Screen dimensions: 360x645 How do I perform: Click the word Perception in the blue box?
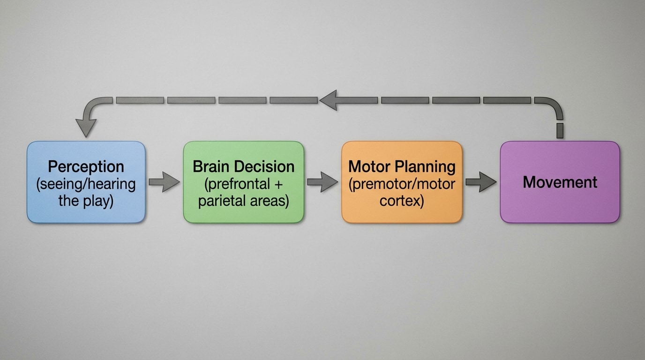[x=86, y=166]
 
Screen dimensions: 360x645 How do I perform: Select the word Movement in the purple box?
[x=560, y=182]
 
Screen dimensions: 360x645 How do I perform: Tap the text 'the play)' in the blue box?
[x=86, y=201]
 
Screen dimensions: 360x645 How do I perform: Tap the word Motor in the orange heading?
[x=369, y=166]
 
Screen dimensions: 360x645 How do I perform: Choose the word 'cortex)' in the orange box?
[x=402, y=201]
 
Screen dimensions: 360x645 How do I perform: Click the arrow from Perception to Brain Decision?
[x=164, y=182]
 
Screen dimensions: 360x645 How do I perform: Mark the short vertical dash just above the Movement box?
[x=560, y=131]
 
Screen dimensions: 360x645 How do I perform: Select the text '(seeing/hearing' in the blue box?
[x=86, y=184]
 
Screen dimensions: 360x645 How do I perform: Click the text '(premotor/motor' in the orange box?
[x=402, y=184]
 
